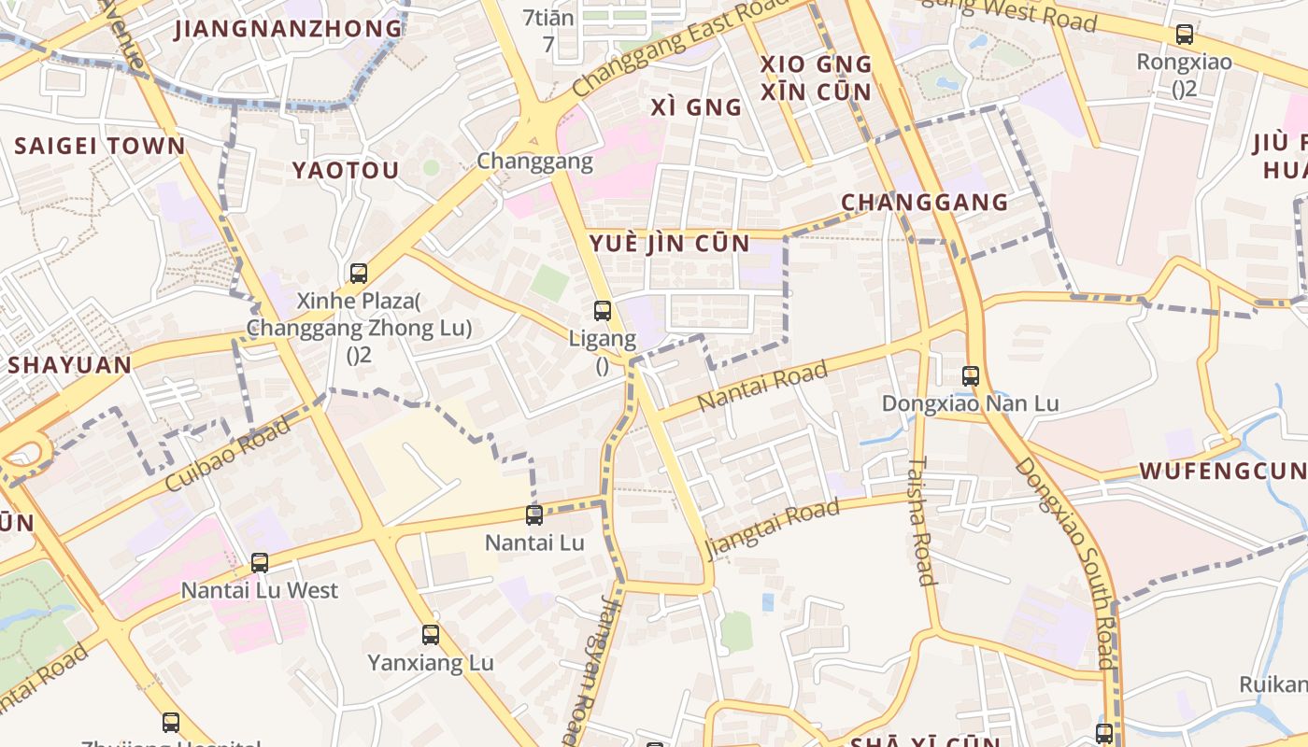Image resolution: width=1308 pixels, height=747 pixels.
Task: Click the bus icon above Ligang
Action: [x=603, y=311]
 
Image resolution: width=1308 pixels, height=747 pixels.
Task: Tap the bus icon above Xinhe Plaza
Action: [x=359, y=274]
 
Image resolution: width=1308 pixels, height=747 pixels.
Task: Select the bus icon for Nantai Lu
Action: [x=534, y=514]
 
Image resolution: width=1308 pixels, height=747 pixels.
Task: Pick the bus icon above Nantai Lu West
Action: [x=260, y=563]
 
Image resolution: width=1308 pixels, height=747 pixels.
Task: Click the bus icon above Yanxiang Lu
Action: [x=431, y=635]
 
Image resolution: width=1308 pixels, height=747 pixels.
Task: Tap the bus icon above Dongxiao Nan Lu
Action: [x=971, y=376]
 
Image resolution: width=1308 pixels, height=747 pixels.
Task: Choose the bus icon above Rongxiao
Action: [x=1185, y=35]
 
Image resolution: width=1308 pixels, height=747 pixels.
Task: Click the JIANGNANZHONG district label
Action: [x=289, y=28]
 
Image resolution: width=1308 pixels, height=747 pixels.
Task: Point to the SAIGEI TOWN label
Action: [x=100, y=146]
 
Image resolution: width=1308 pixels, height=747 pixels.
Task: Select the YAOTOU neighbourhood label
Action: [x=346, y=170]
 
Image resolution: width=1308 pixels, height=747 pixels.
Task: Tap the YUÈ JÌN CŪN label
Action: [x=670, y=244]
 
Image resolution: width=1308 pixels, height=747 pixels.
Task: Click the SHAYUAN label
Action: [x=70, y=364]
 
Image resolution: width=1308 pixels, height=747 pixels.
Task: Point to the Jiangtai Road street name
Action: [x=772, y=528]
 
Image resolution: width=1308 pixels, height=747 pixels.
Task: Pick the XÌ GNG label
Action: [x=696, y=107]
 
